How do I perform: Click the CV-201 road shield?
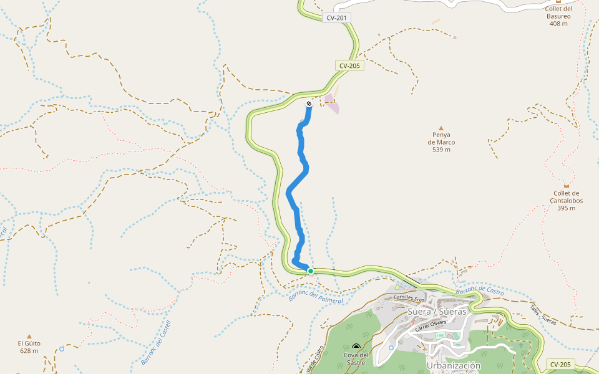point(336,18)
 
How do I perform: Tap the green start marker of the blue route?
point(310,271)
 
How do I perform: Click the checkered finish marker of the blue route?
point(309,103)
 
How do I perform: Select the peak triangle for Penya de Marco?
point(441,127)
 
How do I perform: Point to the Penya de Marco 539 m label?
point(441,142)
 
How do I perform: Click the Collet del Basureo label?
point(558,16)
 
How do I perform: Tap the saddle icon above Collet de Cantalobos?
point(567,185)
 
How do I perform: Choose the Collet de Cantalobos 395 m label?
point(567,201)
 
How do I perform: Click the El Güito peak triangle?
point(29,336)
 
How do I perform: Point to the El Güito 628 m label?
point(29,347)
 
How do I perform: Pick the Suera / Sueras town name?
point(437,311)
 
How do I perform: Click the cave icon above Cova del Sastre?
point(356,346)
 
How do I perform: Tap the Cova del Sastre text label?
point(356,358)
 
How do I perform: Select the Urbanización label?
point(454,365)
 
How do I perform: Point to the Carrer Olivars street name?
point(430,326)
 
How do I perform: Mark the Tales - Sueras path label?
point(543,314)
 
